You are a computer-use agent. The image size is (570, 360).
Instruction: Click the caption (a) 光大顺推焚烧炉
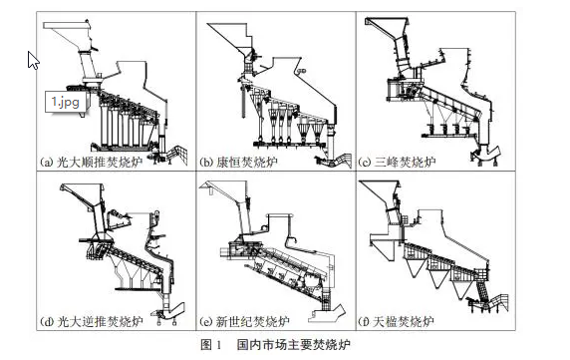91,162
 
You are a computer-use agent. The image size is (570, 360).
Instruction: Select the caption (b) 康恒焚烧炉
238,162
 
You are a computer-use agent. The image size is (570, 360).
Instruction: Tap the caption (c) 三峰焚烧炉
397,162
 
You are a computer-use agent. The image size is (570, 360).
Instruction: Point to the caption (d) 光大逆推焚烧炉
91,321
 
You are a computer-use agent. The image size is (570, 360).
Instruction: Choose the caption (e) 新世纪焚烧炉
245,321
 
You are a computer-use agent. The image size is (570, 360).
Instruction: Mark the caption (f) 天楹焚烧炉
396,321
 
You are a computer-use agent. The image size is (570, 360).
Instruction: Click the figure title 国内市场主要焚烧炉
294,344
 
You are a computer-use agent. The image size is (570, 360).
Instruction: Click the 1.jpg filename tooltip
66,102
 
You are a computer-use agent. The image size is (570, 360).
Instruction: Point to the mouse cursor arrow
33,60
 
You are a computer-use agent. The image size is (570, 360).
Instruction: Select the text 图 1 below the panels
211,344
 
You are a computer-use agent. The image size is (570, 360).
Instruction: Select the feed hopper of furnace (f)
380,194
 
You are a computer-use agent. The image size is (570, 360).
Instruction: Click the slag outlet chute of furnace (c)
486,154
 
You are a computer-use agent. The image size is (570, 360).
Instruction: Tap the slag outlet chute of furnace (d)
170,312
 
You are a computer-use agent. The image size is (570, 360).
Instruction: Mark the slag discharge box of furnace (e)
327,313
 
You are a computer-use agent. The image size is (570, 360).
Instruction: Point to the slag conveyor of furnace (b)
335,160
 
